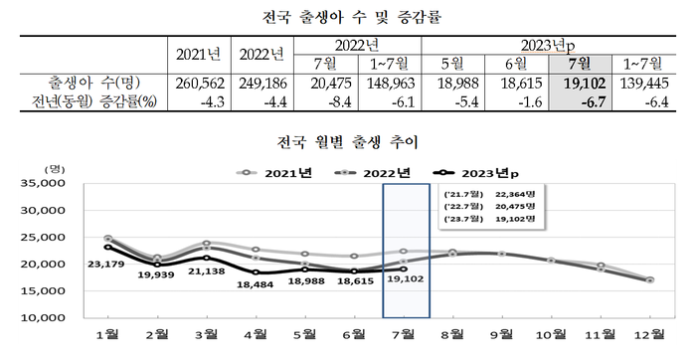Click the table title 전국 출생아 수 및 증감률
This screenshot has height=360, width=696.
[x=348, y=17]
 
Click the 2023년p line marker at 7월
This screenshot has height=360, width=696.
[x=403, y=269]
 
